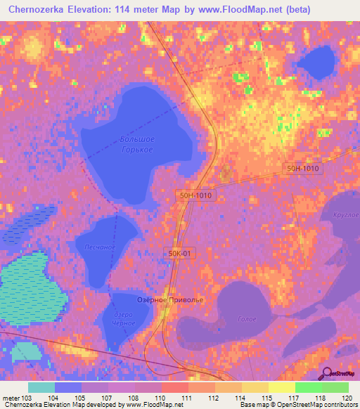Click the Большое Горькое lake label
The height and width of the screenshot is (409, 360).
point(137,144)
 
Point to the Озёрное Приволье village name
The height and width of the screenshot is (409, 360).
point(169,300)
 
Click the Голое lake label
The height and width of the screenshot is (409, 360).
point(246,318)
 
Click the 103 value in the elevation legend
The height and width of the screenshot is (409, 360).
point(28,398)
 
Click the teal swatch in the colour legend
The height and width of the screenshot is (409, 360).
point(41,387)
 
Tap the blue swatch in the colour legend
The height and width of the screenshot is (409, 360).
point(68,387)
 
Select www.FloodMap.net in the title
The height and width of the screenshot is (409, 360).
point(238,10)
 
